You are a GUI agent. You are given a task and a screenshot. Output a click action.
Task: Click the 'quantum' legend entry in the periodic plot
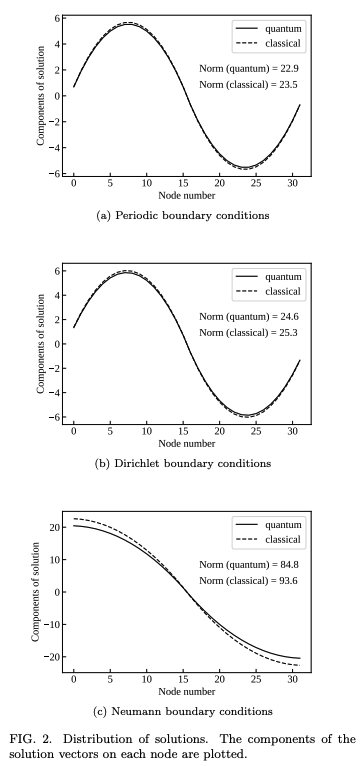[x=283, y=28]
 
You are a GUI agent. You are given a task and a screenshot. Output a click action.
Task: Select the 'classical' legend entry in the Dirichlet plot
[x=283, y=292]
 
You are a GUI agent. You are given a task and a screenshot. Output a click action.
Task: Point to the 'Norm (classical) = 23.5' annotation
[x=250, y=85]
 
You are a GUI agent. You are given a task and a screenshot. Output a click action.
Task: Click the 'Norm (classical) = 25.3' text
[x=250, y=332]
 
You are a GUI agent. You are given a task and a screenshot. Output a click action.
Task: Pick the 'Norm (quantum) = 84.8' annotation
[x=250, y=564]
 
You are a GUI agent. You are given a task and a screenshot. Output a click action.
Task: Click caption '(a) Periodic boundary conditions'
[x=186, y=215]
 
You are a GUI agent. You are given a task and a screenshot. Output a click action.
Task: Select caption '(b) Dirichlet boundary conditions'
[x=186, y=463]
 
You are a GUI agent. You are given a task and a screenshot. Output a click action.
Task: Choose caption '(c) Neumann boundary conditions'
[x=186, y=711]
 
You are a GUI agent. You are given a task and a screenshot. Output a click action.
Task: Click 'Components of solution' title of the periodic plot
[x=41, y=96]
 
